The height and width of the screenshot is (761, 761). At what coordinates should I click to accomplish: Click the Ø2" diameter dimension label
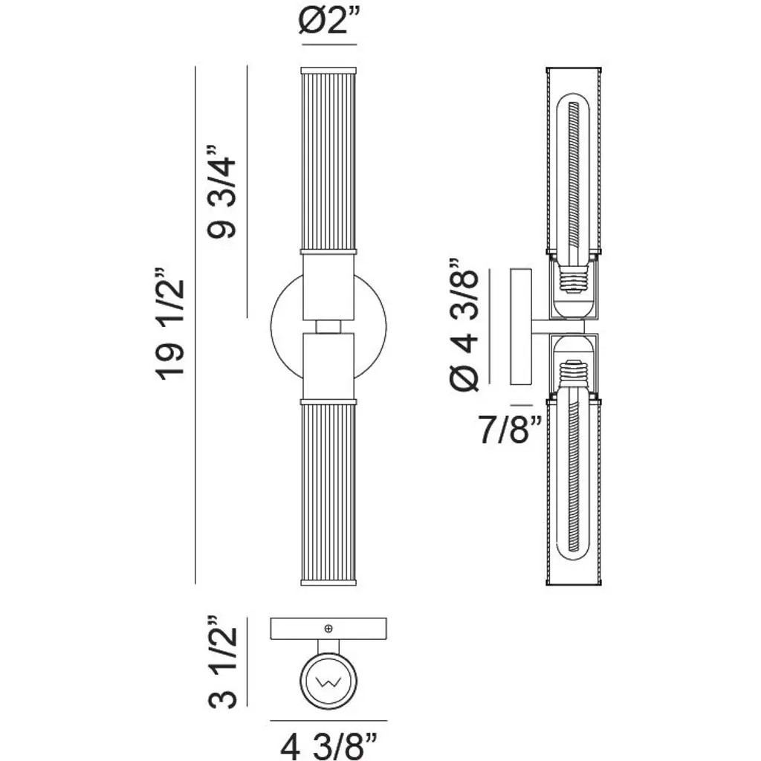(x=328, y=22)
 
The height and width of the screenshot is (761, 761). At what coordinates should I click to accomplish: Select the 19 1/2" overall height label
(x=170, y=323)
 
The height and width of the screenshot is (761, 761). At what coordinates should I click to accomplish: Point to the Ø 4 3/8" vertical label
(x=464, y=325)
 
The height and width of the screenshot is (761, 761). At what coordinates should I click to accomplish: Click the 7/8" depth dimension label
(x=510, y=429)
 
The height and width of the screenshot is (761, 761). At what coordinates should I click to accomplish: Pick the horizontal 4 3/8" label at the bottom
(x=328, y=746)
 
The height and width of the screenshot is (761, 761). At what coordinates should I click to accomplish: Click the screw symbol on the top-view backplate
(x=328, y=629)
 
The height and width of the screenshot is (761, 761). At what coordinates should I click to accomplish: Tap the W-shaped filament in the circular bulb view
(x=328, y=682)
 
